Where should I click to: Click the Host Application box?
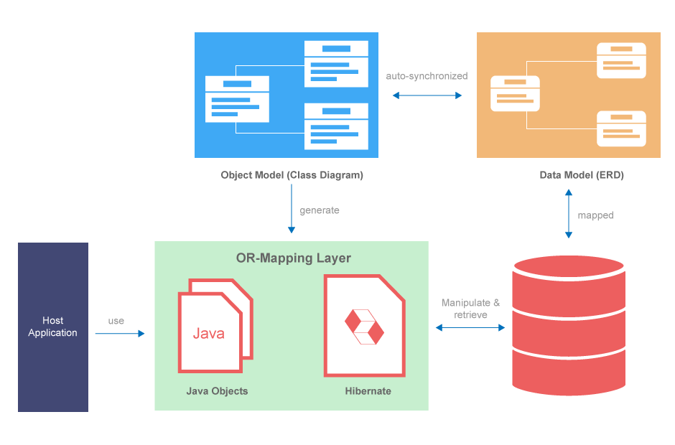pyautogui.click(x=53, y=327)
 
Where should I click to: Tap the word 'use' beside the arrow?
pyautogui.click(x=116, y=321)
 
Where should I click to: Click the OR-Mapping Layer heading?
pyautogui.click(x=293, y=258)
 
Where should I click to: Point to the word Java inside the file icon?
pyautogui.click(x=208, y=334)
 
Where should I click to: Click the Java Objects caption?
pyautogui.click(x=217, y=391)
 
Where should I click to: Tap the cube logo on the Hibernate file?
pyautogui.click(x=364, y=327)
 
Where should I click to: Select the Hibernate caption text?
pyautogui.click(x=368, y=391)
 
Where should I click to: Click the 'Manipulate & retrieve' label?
pyautogui.click(x=470, y=309)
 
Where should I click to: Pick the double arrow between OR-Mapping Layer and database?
pyautogui.click(x=470, y=327)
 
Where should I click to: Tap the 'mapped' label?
pyautogui.click(x=595, y=215)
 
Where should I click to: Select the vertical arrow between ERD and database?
pyautogui.click(x=569, y=213)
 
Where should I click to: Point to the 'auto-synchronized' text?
pyautogui.click(x=427, y=76)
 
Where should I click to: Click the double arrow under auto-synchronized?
pyautogui.click(x=427, y=95)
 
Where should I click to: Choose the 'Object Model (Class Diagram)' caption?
pyautogui.click(x=292, y=175)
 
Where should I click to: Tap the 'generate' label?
pyautogui.click(x=320, y=210)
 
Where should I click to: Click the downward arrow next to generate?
pyautogui.click(x=292, y=208)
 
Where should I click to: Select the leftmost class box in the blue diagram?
pyautogui.click(x=237, y=99)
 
